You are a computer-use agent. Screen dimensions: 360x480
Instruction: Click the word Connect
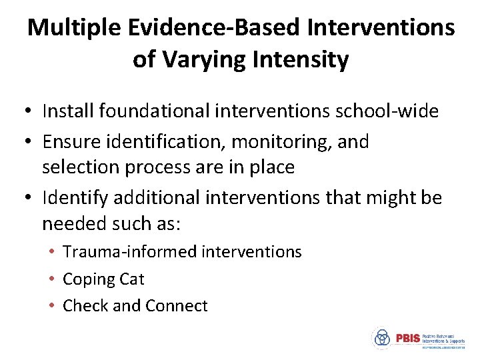(177, 306)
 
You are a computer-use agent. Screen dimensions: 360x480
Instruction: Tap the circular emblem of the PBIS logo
(381, 339)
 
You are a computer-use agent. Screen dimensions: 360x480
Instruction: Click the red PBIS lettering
(408, 338)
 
